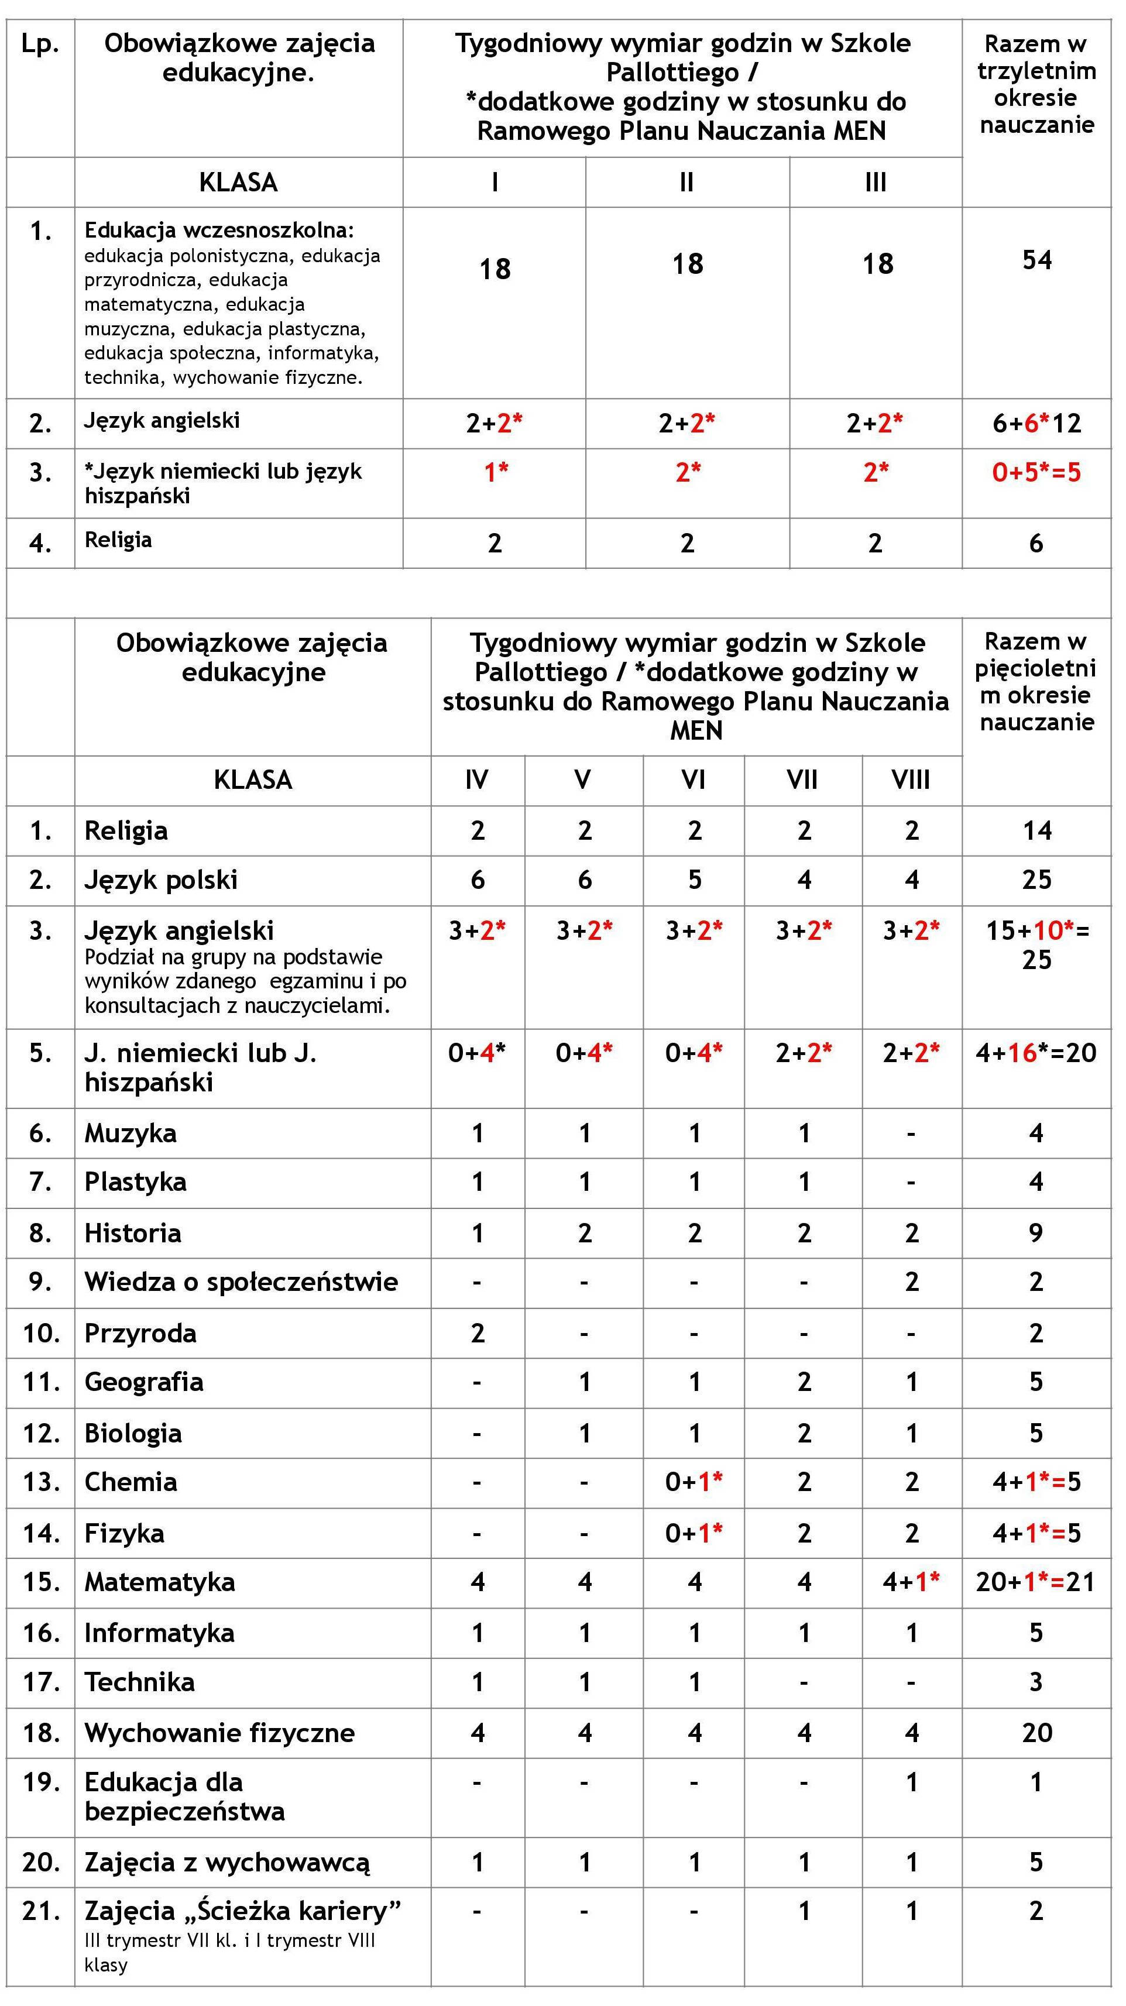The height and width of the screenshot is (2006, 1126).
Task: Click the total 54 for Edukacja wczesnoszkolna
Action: click(1036, 260)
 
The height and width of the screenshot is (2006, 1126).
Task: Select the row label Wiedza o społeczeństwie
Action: click(241, 1282)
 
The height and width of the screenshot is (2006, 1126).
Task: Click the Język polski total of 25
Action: click(1036, 880)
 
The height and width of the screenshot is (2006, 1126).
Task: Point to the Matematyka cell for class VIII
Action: click(911, 1582)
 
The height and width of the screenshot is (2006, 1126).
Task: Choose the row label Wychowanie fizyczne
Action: click(219, 1733)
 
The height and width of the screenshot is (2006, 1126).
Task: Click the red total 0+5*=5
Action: click(1036, 472)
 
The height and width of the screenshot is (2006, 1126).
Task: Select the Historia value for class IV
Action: click(478, 1233)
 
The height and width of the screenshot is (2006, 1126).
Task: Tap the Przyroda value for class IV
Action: click(478, 1333)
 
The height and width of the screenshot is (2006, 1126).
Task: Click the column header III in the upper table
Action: click(876, 182)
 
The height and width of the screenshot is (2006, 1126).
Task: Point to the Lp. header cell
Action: click(40, 44)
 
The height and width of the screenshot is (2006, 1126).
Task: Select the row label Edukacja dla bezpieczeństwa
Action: click(184, 1797)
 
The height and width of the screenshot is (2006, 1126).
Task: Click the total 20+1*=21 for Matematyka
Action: click(1036, 1582)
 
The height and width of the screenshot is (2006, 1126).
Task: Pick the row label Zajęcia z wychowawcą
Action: click(228, 1862)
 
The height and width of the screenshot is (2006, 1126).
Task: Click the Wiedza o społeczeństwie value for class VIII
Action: click(911, 1282)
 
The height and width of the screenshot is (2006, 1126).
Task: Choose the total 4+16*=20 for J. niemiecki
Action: click(1036, 1053)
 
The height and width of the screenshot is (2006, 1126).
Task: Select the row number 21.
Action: click(40, 1911)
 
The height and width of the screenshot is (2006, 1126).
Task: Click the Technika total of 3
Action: click(1036, 1682)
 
